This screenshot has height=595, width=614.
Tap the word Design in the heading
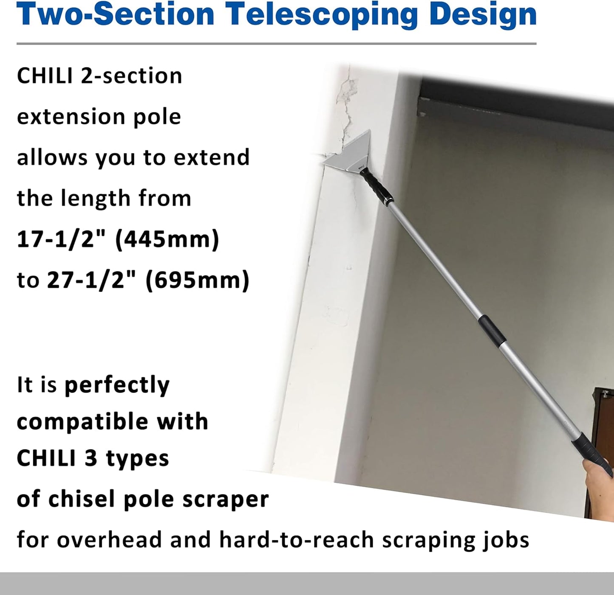483,15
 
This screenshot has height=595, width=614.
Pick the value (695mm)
198,280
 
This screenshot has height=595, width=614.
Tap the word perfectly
117,385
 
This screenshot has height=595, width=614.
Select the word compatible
82,422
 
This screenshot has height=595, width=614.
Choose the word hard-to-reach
296,540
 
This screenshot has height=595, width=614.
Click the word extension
70,117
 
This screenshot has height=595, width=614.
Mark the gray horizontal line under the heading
276,43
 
